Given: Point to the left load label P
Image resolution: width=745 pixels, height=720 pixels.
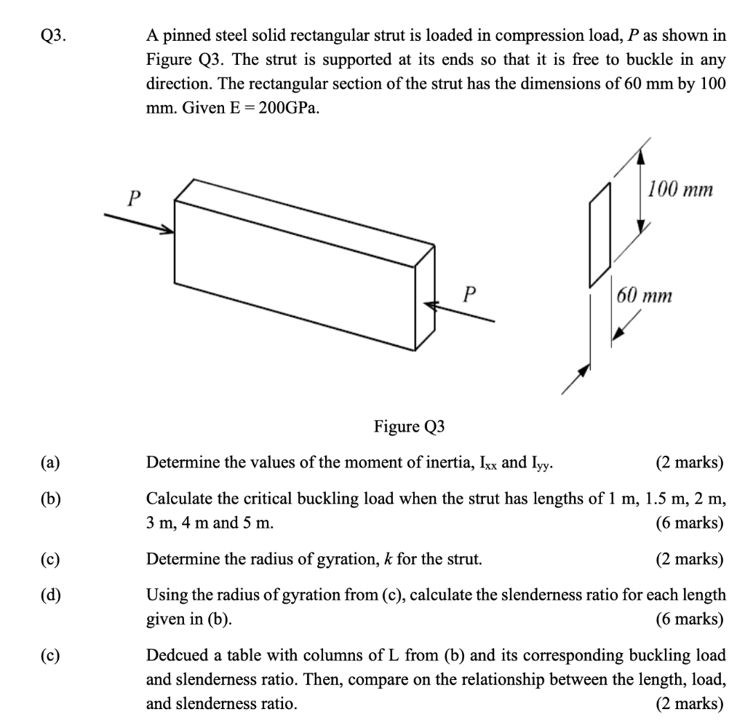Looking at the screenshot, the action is coord(133,197).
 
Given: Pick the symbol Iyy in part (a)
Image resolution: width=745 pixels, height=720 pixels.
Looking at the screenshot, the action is coord(542,462).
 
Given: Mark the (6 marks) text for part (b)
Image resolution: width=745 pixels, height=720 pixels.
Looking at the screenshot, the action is coord(690,522).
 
